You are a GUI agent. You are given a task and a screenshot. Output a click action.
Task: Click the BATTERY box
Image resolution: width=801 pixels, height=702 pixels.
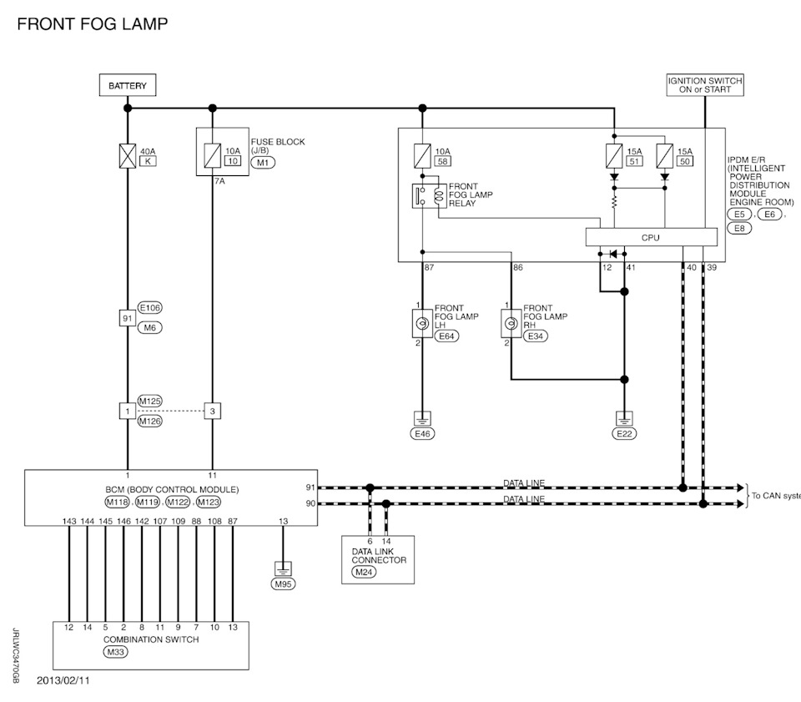click(128, 85)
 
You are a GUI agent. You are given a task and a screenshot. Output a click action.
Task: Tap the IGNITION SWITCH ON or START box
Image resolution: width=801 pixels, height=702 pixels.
click(705, 85)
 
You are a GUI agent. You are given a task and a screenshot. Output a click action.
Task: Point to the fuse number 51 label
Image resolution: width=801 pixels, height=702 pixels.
click(633, 161)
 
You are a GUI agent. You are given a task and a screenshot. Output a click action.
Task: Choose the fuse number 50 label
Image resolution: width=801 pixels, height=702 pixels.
click(684, 161)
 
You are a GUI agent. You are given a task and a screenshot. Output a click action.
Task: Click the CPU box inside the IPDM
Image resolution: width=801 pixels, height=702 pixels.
click(651, 238)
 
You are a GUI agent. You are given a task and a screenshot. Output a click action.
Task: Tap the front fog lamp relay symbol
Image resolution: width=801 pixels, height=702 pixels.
click(431, 197)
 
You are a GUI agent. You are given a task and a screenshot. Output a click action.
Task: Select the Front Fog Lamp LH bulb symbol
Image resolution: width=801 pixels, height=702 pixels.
click(423, 321)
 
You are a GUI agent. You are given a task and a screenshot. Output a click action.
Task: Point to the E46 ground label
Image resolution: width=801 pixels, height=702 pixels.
click(422, 433)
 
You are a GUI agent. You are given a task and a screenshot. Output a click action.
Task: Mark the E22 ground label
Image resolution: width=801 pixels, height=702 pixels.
click(623, 433)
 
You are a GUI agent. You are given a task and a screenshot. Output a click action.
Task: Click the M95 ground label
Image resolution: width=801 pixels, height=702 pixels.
click(284, 583)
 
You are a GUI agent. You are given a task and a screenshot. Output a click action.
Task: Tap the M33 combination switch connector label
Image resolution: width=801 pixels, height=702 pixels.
click(115, 652)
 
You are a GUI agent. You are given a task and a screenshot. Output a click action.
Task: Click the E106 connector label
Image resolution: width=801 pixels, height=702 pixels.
click(150, 308)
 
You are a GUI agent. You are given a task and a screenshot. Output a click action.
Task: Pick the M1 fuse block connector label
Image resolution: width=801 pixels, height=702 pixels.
click(264, 163)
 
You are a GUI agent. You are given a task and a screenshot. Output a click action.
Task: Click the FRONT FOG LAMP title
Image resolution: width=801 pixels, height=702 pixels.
click(92, 23)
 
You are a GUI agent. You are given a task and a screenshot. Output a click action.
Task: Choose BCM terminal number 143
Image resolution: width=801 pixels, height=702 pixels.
click(69, 521)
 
